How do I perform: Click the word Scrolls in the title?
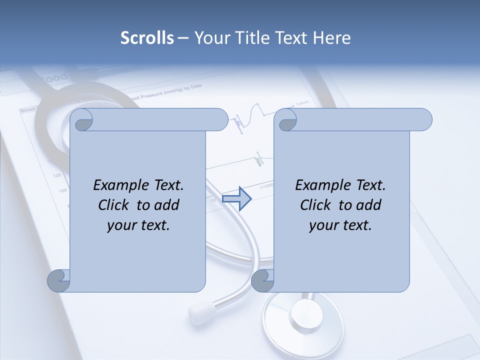click(x=147, y=38)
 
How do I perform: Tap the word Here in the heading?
click(x=331, y=38)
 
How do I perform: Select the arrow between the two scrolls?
click(x=236, y=199)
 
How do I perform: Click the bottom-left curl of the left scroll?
click(x=58, y=280)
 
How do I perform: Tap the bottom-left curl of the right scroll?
click(x=262, y=280)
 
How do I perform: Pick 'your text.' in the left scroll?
click(x=138, y=225)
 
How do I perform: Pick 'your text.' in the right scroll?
click(x=340, y=225)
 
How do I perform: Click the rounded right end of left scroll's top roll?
click(x=222, y=120)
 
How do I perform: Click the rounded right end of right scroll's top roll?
click(x=426, y=120)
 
